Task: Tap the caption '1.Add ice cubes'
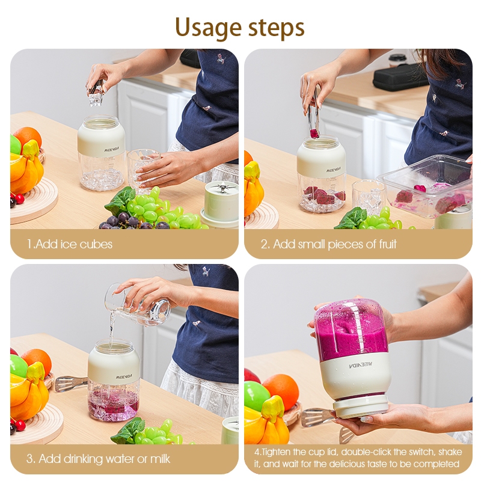point(70,244)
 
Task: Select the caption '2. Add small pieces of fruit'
point(328,244)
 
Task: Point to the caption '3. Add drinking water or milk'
point(98,459)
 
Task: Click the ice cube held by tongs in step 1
point(96,99)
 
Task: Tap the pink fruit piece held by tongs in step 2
point(314,133)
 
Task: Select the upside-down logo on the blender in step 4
point(360,365)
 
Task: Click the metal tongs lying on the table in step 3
point(70,384)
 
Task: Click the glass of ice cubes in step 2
point(369,196)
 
